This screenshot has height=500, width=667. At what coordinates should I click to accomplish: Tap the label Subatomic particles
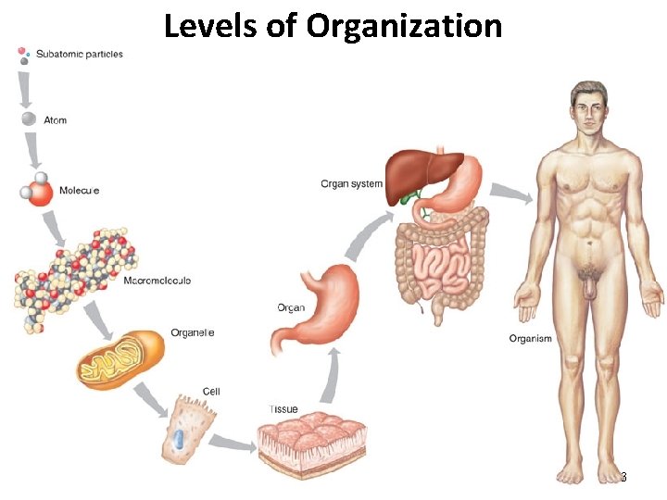[80, 54]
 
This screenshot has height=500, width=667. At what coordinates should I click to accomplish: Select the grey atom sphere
[29, 119]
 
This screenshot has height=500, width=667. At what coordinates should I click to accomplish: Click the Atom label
[56, 120]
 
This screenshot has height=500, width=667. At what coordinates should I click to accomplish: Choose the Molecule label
[80, 191]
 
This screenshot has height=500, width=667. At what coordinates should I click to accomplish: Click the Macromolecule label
[157, 280]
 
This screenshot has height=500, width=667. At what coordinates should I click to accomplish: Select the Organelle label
[192, 332]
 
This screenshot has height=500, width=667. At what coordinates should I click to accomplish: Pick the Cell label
[211, 392]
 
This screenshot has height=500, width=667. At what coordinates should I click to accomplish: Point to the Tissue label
[283, 409]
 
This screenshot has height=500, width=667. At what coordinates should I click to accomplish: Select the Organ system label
[351, 183]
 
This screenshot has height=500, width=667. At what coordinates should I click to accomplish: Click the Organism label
[530, 339]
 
